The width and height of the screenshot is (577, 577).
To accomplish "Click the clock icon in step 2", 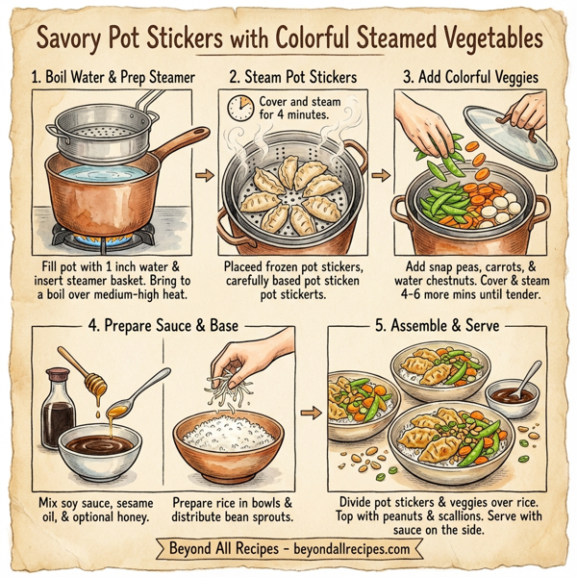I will pyautogui.click(x=238, y=109).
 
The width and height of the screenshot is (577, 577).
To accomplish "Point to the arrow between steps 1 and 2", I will pyautogui.click(x=202, y=176).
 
